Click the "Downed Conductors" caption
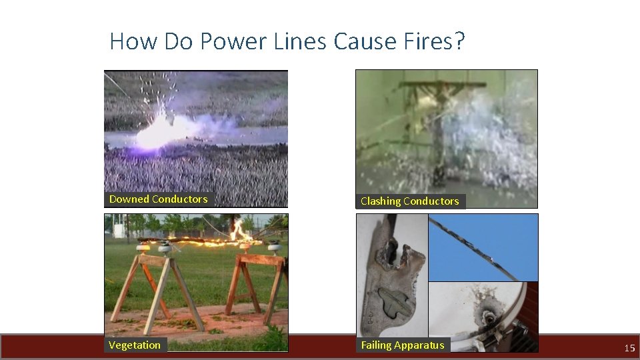click(x=158, y=199)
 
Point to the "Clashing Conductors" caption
click(x=409, y=201)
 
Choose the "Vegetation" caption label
click(x=135, y=345)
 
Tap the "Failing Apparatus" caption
click(x=402, y=345)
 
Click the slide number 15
click(x=629, y=348)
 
